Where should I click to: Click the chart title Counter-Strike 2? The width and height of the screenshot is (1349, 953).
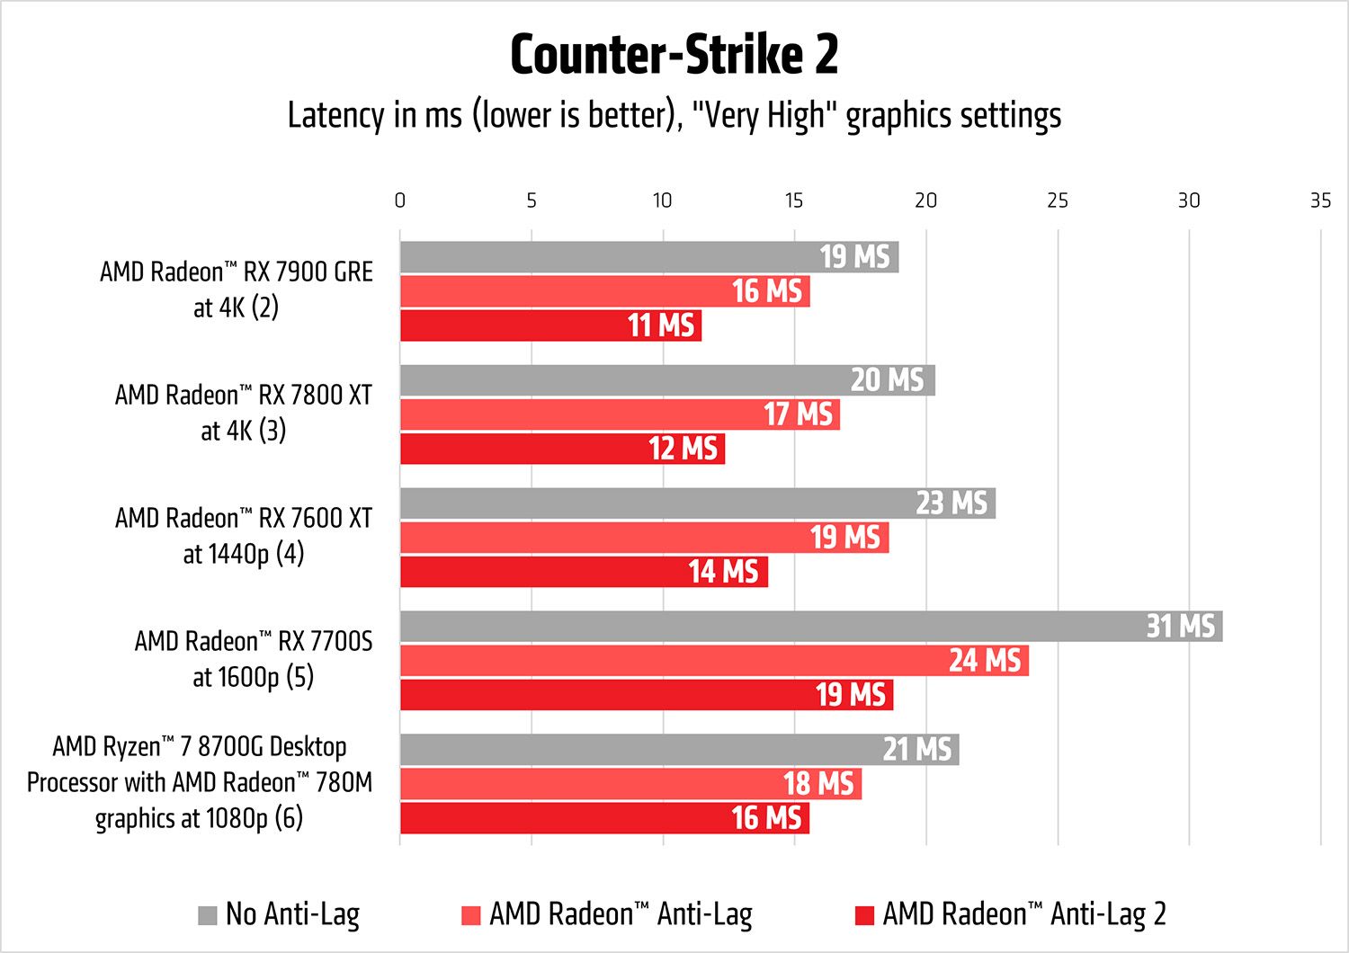point(674,55)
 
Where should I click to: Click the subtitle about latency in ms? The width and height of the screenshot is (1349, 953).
point(674,116)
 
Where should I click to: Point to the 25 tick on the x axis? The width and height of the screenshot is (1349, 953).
point(1057,200)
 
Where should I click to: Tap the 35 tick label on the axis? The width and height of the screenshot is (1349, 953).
point(1319,200)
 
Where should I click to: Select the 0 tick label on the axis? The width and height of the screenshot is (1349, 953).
point(400,200)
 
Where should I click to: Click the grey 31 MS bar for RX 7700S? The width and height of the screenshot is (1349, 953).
point(809,627)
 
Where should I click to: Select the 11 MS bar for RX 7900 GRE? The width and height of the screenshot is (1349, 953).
point(550,325)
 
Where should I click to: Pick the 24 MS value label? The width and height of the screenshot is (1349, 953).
point(985,661)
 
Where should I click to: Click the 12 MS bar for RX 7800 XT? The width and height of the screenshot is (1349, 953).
point(562,449)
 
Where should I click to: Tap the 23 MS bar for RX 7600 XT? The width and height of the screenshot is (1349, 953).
point(697,503)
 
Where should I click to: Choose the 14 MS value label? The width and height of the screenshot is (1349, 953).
point(723,572)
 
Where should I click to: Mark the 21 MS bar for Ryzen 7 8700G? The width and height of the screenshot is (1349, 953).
point(679,750)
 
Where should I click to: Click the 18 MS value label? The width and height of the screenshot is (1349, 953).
point(818,784)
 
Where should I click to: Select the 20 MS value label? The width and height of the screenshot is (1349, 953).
point(887,380)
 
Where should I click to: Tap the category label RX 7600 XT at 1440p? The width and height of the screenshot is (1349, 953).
point(243,536)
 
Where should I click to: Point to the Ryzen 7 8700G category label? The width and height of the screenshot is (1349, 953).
point(199,782)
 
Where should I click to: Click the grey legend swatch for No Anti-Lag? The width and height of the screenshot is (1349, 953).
point(208,915)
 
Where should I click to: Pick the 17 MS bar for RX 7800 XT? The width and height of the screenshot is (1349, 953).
point(620,414)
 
